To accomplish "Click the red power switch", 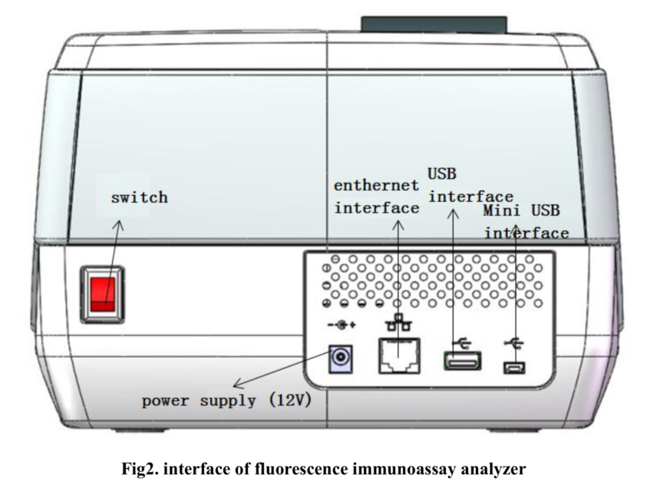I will [106, 292].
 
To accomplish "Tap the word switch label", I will [139, 197].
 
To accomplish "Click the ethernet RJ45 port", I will [399, 355].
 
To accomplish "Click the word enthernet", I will [377, 185].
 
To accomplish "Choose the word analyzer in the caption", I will [495, 470].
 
